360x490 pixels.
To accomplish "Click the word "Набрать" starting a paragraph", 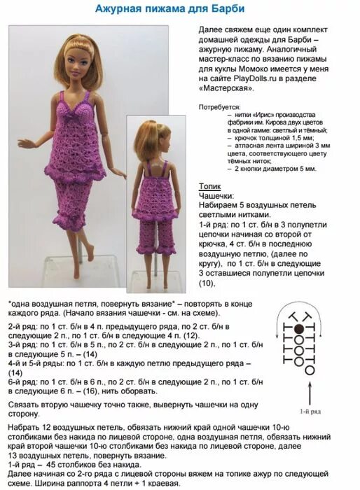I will [x=27, y=428].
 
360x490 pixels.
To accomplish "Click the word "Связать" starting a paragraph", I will [x=27, y=405].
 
